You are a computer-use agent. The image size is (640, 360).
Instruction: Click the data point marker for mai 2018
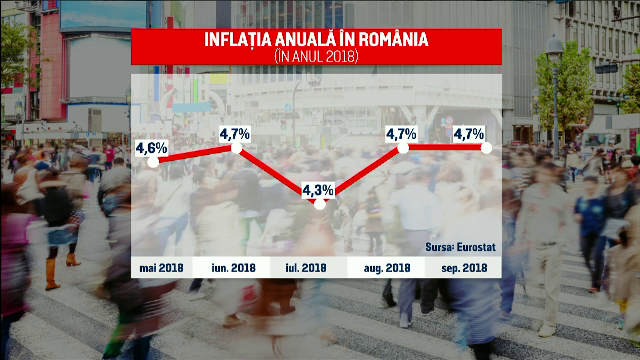coord(152,161)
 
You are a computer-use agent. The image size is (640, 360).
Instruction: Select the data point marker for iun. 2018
coord(236,148)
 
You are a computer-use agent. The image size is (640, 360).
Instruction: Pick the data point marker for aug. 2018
coord(403,148)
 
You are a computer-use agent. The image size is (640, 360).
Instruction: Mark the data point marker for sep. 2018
coord(486,148)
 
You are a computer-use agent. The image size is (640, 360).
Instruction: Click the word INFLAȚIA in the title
coord(244,41)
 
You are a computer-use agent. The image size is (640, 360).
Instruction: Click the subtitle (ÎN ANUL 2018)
coord(315,58)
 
